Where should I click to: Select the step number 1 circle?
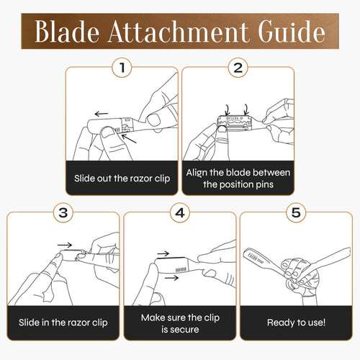click(122, 68)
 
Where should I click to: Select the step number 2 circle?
click(238, 68)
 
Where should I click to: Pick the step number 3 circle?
click(65, 212)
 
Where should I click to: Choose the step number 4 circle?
click(180, 212)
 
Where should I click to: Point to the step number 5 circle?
click(295, 212)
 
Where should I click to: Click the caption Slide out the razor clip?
click(122, 178)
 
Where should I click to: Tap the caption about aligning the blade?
click(238, 178)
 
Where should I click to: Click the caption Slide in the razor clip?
click(65, 322)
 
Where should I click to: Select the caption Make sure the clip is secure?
click(180, 322)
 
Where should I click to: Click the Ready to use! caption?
click(295, 322)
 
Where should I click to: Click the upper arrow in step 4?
click(163, 253)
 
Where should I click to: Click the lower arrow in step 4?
click(171, 276)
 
